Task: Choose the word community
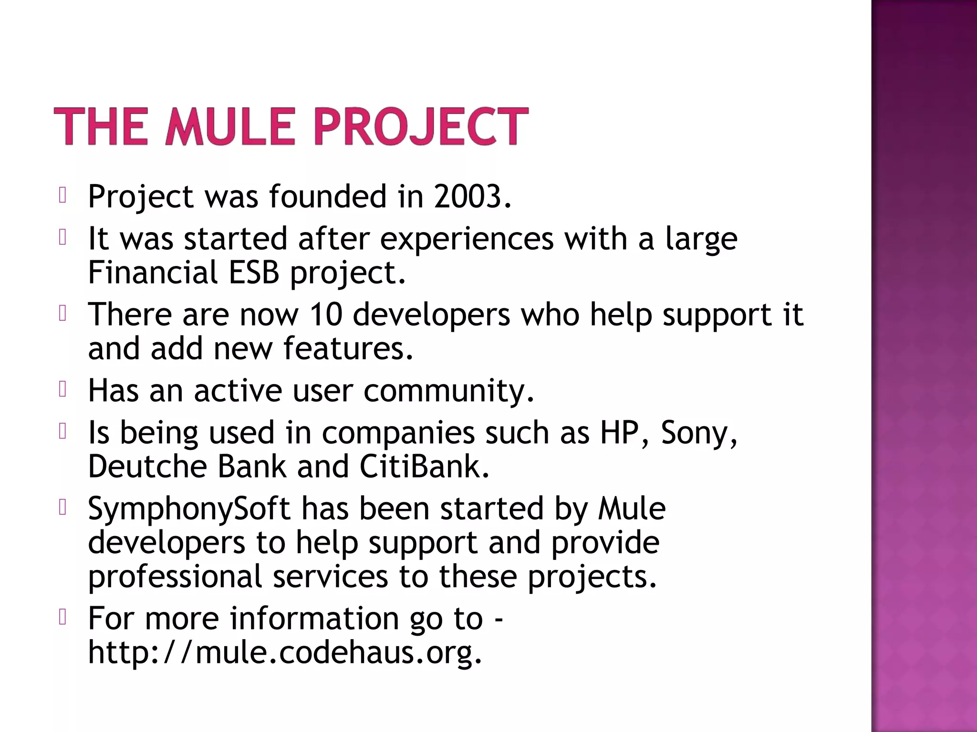pyautogui.click(x=448, y=391)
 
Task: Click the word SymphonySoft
pyautogui.click(x=189, y=509)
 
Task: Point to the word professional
pyautogui.click(x=175, y=576)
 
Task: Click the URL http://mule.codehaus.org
pyautogui.click(x=285, y=652)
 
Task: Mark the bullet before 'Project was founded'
pyautogui.click(x=62, y=195)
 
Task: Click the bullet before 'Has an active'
pyautogui.click(x=62, y=389)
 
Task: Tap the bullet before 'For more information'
pyautogui.click(x=62, y=617)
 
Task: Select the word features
pyautogui.click(x=348, y=348)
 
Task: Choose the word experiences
pyautogui.click(x=467, y=239)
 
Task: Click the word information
pyautogui.click(x=314, y=618)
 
